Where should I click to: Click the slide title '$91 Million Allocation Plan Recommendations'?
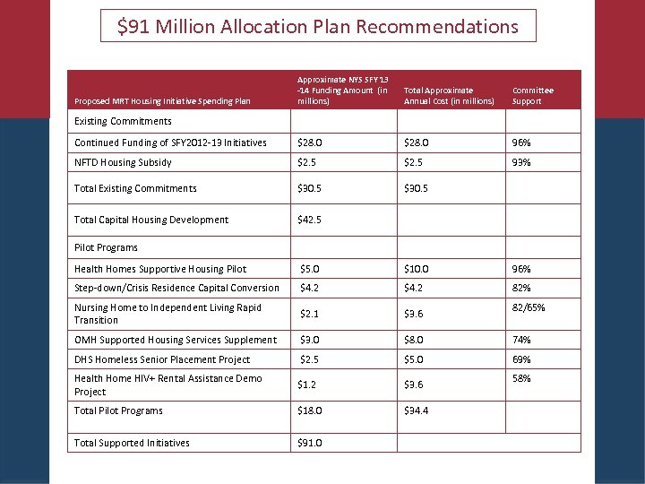[318, 27]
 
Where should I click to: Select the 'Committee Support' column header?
[532, 96]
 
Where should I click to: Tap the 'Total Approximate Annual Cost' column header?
[449, 96]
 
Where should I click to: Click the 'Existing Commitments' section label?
[123, 121]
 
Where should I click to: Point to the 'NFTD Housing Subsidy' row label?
[123, 162]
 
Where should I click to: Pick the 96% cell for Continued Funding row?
[521, 143]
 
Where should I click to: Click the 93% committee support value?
[521, 162]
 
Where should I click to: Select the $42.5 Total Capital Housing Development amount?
[310, 220]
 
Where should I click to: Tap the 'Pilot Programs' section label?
[106, 247]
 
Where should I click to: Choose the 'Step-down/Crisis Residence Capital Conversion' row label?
[176, 288]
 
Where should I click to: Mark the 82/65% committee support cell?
[529, 307]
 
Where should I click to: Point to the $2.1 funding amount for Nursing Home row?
[309, 314]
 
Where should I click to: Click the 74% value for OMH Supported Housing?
[521, 340]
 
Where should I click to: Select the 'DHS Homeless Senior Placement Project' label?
[162, 359]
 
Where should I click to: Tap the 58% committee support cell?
[521, 378]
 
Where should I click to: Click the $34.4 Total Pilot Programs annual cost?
[417, 411]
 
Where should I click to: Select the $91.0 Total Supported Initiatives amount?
[310, 443]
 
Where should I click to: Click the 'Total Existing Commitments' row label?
[135, 188]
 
